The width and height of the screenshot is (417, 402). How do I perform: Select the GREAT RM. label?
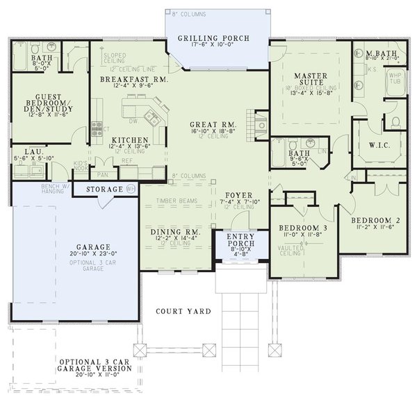tap(213, 124)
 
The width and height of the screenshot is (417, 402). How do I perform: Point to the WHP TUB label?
tap(395, 77)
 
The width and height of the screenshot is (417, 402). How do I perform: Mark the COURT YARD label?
tap(183, 310)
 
